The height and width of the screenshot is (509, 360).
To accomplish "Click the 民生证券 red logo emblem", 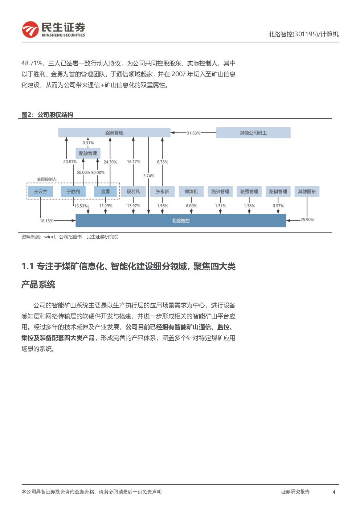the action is coord(30,29).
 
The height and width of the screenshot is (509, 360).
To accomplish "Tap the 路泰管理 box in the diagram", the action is coord(114,132).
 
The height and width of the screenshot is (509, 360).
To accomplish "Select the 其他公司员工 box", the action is coord(253,132).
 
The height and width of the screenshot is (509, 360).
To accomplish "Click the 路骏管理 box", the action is coord(88,153).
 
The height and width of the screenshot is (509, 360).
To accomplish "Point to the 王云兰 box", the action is coord(41,191).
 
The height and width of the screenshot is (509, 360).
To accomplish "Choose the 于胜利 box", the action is coord(73,191).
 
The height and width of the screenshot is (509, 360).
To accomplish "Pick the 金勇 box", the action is coord(105,191).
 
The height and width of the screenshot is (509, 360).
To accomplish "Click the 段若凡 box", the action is coord(133,191).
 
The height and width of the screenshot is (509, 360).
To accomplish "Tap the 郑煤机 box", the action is coord(191,191).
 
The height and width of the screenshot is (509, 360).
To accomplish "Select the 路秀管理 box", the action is coord(249,191).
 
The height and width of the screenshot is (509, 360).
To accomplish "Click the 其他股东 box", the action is coord(307,191).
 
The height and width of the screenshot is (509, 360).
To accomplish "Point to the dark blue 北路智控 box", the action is coord(181,221).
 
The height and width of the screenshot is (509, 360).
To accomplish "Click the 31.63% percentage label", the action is coord(193,133).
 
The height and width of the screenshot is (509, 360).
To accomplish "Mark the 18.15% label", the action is coord(46,221).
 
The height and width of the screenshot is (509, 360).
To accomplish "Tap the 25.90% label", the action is coord(307,219).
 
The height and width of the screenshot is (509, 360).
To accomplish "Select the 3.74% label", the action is coord(149,176).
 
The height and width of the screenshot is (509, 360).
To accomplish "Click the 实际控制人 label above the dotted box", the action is coord(46,179).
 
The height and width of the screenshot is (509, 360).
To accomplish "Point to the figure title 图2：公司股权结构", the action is coord(47,115).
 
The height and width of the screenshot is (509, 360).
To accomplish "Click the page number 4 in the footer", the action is coord(334,492).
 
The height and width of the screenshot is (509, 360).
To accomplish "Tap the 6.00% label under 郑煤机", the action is coord(191,206).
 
